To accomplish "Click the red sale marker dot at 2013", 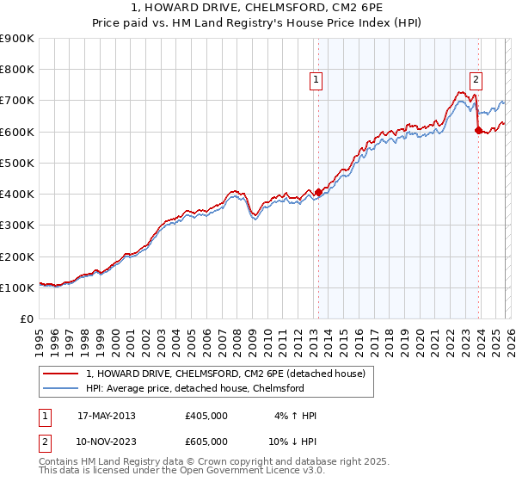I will coord(318,192).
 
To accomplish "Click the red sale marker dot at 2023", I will coord(479,130).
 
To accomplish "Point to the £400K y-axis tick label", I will coord(17,194).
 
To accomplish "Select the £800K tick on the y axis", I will coord(17,70).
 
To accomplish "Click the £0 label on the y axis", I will coord(26,318).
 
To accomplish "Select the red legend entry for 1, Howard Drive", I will coord(226,374).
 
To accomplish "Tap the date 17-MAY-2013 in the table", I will coord(106,416).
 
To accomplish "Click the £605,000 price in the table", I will coord(206,441).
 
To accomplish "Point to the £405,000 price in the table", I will coord(206,416).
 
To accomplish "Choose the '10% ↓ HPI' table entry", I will coord(292,441).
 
